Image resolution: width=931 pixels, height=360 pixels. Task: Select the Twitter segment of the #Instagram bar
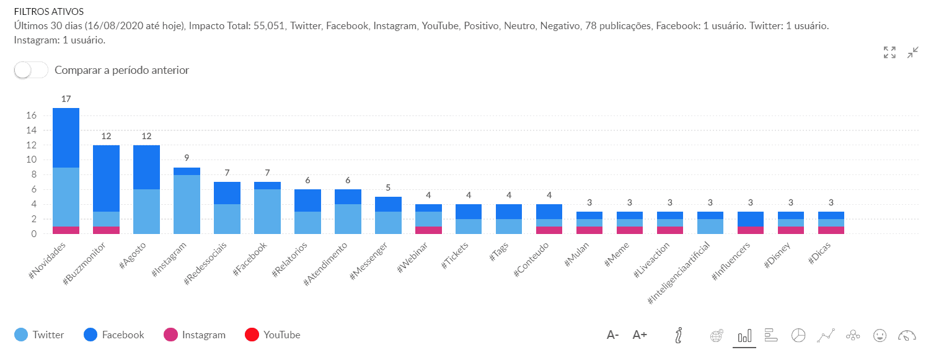[x=187, y=204]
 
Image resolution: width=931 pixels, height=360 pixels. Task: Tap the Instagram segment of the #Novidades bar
[x=66, y=230]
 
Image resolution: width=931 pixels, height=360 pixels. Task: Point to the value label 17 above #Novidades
[x=66, y=99]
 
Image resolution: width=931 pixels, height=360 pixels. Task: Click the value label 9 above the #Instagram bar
[x=187, y=158]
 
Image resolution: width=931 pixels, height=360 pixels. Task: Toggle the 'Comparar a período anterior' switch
[x=31, y=70]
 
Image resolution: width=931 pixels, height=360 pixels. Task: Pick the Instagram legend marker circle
[x=170, y=335]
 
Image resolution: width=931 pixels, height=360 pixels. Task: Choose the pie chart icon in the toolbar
[x=798, y=336]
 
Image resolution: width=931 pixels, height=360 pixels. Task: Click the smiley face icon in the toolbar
[x=880, y=336]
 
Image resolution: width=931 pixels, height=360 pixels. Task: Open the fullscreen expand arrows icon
[x=889, y=53]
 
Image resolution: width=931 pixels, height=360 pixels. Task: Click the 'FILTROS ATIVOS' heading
[x=49, y=12]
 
